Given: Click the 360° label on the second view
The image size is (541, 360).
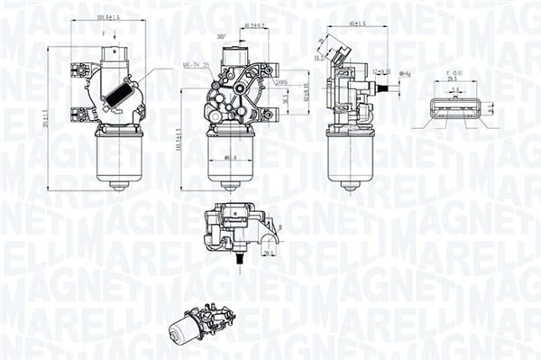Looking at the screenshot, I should click(221, 35).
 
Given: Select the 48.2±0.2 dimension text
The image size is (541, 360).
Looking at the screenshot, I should click(255, 26).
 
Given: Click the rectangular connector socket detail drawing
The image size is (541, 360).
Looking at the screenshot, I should click(455, 109).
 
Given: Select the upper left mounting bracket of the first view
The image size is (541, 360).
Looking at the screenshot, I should click(81, 69).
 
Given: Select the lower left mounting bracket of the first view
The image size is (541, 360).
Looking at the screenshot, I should click(81, 114).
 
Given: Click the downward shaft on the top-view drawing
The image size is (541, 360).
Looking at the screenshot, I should click(240, 258).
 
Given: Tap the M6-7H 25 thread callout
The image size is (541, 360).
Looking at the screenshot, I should click(196, 65).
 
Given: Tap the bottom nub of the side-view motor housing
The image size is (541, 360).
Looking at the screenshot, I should click(348, 185).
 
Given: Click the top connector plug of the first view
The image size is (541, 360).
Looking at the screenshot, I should click(114, 55).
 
